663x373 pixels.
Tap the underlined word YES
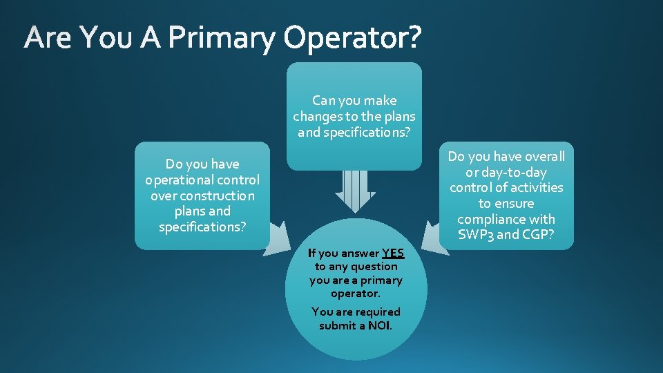click(x=392, y=253)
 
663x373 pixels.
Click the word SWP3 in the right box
click(x=474, y=234)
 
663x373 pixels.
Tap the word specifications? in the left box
click(x=202, y=227)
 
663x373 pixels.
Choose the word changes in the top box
click(x=317, y=116)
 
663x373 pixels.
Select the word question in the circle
click(x=374, y=266)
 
